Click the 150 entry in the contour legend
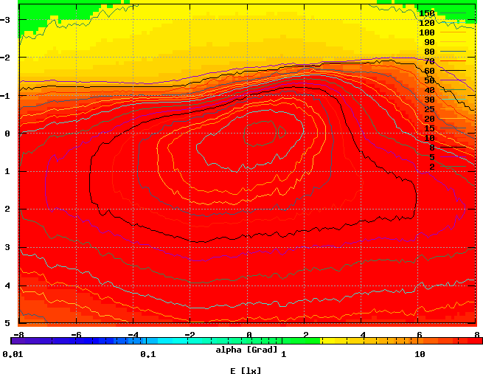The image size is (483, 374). (x=426, y=13)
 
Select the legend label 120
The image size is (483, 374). (x=426, y=23)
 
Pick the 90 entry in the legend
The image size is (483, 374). (x=428, y=42)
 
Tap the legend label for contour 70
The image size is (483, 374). (x=428, y=61)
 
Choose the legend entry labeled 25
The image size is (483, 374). (x=428, y=109)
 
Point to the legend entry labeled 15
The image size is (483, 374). (x=428, y=128)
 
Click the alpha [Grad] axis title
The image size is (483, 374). (x=247, y=349)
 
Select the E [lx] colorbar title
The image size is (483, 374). (x=246, y=370)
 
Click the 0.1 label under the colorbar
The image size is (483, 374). (x=147, y=355)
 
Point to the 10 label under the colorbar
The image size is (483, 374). (x=420, y=355)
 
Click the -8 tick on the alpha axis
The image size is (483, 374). (x=18, y=334)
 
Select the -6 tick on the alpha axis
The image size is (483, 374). (x=75, y=334)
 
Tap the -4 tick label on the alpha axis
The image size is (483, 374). (x=133, y=334)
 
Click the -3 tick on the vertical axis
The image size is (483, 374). (x=7, y=20)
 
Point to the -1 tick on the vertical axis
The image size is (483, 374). (x=7, y=96)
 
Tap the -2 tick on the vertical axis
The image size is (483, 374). (x=7, y=58)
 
